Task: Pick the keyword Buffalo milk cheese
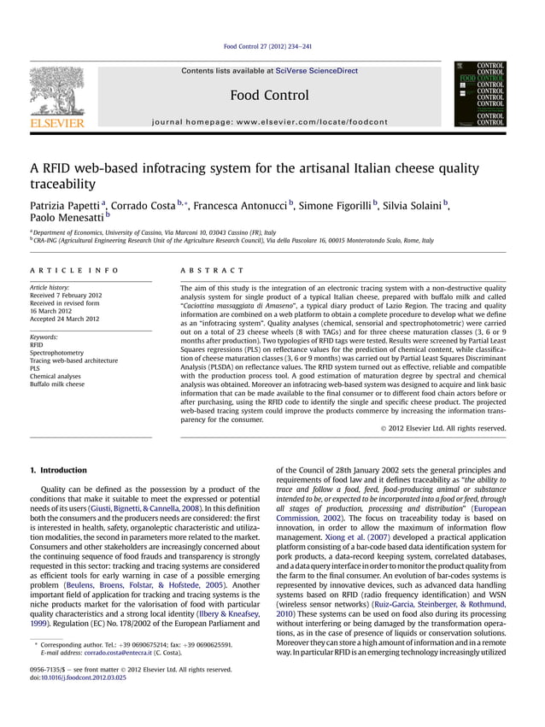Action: [x=57, y=384]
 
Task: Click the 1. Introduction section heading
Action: [x=58, y=470]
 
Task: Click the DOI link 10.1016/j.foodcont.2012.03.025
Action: [x=84, y=677]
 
